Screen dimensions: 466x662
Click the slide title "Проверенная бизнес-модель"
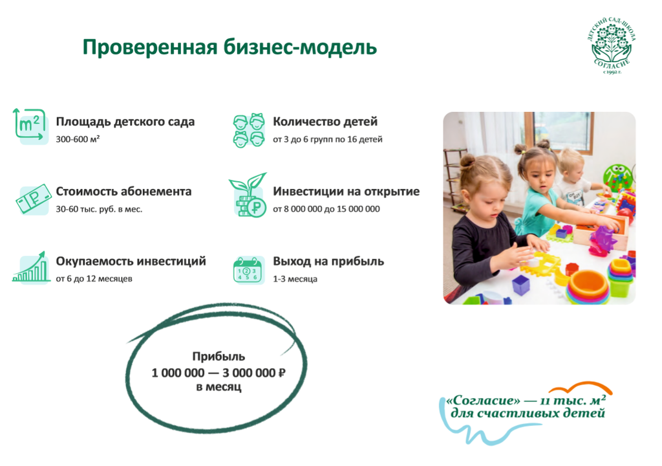(230, 48)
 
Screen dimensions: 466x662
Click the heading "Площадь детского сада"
(125, 122)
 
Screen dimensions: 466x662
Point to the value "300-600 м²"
(78, 139)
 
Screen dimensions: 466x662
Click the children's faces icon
(249, 129)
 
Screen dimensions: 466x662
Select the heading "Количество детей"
(325, 122)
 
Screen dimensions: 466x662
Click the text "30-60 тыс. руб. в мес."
(99, 209)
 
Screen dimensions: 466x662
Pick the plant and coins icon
(249, 194)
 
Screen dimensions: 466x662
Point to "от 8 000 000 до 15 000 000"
(326, 209)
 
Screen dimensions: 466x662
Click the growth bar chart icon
(31, 267)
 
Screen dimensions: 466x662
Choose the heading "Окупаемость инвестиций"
(131, 261)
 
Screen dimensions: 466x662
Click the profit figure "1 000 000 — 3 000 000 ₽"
(219, 373)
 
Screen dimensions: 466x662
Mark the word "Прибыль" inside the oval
(219, 357)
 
